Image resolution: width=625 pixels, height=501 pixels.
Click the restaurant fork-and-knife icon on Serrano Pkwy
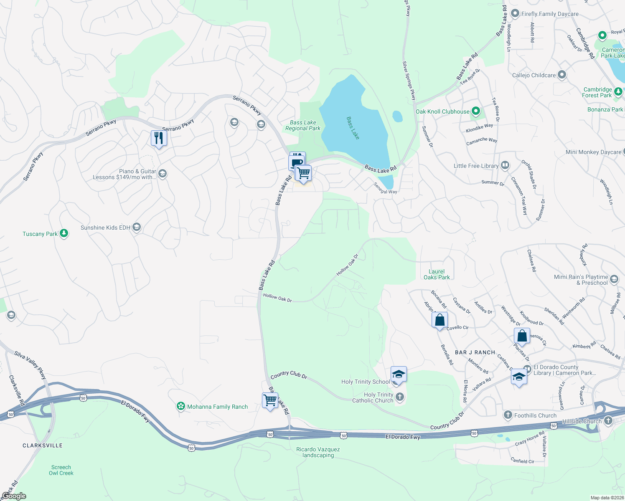click(159, 138)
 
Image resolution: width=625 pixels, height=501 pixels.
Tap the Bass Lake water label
click(353, 128)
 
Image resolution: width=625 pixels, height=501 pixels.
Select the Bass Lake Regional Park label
click(303, 126)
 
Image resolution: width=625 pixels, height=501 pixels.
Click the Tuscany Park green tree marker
click(64, 233)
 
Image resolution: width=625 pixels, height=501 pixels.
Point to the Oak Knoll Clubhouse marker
click(476, 111)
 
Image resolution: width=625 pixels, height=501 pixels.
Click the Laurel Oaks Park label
click(437, 274)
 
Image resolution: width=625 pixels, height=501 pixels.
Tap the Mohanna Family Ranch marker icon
click(180, 406)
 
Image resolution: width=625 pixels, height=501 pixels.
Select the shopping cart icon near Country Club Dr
click(270, 400)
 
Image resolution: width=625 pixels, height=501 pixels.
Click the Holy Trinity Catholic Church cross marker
click(400, 397)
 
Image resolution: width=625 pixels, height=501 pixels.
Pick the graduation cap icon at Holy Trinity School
click(399, 374)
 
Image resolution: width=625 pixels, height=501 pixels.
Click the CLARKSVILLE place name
click(42, 445)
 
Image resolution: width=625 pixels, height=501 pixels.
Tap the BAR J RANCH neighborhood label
click(475, 352)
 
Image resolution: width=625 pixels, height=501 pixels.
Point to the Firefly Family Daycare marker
click(515, 13)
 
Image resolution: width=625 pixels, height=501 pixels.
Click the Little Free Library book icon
click(505, 165)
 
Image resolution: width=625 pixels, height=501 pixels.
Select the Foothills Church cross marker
click(508, 415)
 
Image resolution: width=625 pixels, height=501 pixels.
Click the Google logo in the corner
click(14, 496)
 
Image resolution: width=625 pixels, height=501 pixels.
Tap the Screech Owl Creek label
click(61, 470)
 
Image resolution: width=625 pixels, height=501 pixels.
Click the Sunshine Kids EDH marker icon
click(137, 227)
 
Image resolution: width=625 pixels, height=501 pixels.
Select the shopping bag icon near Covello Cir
click(440, 320)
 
